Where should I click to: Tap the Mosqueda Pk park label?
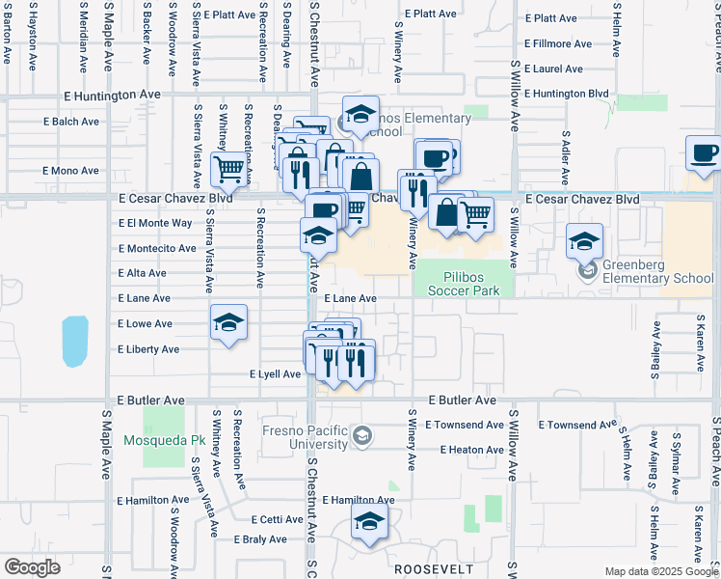coord(166,440)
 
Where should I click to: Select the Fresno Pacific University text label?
coord(305,437)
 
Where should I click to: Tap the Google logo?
coord(32,567)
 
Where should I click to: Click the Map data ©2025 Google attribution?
coord(660,571)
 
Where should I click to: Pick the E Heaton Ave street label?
coord(472,450)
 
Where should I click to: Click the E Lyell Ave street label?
coord(275,373)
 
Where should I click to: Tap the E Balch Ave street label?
coord(71,122)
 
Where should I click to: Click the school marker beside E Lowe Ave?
coord(229,323)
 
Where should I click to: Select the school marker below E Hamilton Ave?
coord(367,523)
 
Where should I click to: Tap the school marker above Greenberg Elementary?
coord(584,242)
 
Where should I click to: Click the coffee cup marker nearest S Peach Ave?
coord(704,153)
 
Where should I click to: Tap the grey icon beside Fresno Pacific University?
coord(360,436)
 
